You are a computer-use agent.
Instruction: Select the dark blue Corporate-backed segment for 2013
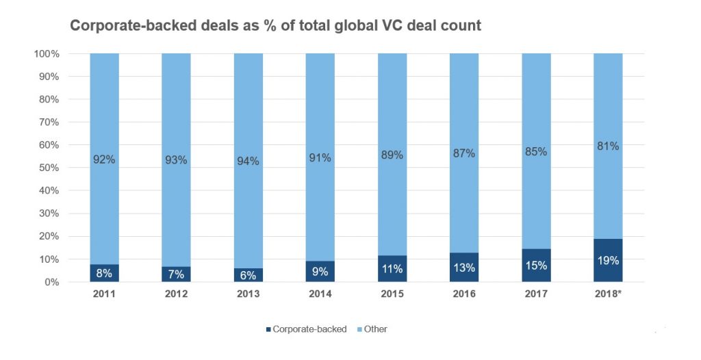click(x=248, y=275)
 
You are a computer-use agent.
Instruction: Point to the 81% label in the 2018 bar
click(x=608, y=146)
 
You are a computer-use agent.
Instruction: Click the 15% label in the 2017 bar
click(x=536, y=266)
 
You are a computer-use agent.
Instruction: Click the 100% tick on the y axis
click(x=47, y=53)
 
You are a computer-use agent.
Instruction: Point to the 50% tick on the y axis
click(x=50, y=168)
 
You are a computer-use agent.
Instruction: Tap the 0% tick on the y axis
click(x=53, y=282)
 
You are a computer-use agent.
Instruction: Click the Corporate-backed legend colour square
click(x=268, y=330)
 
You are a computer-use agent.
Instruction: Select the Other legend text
click(x=376, y=329)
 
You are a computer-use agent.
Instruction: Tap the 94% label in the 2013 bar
click(x=248, y=161)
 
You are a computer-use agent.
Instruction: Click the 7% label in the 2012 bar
click(x=176, y=274)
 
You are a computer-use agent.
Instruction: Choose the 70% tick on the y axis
click(x=50, y=122)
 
